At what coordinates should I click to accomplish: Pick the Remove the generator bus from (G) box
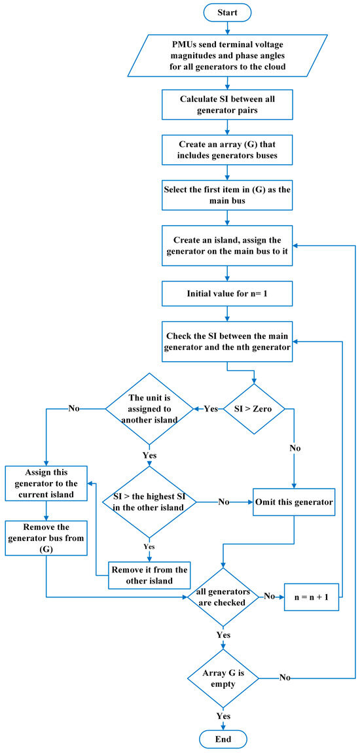click(47, 538)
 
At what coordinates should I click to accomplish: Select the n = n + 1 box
click(312, 597)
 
